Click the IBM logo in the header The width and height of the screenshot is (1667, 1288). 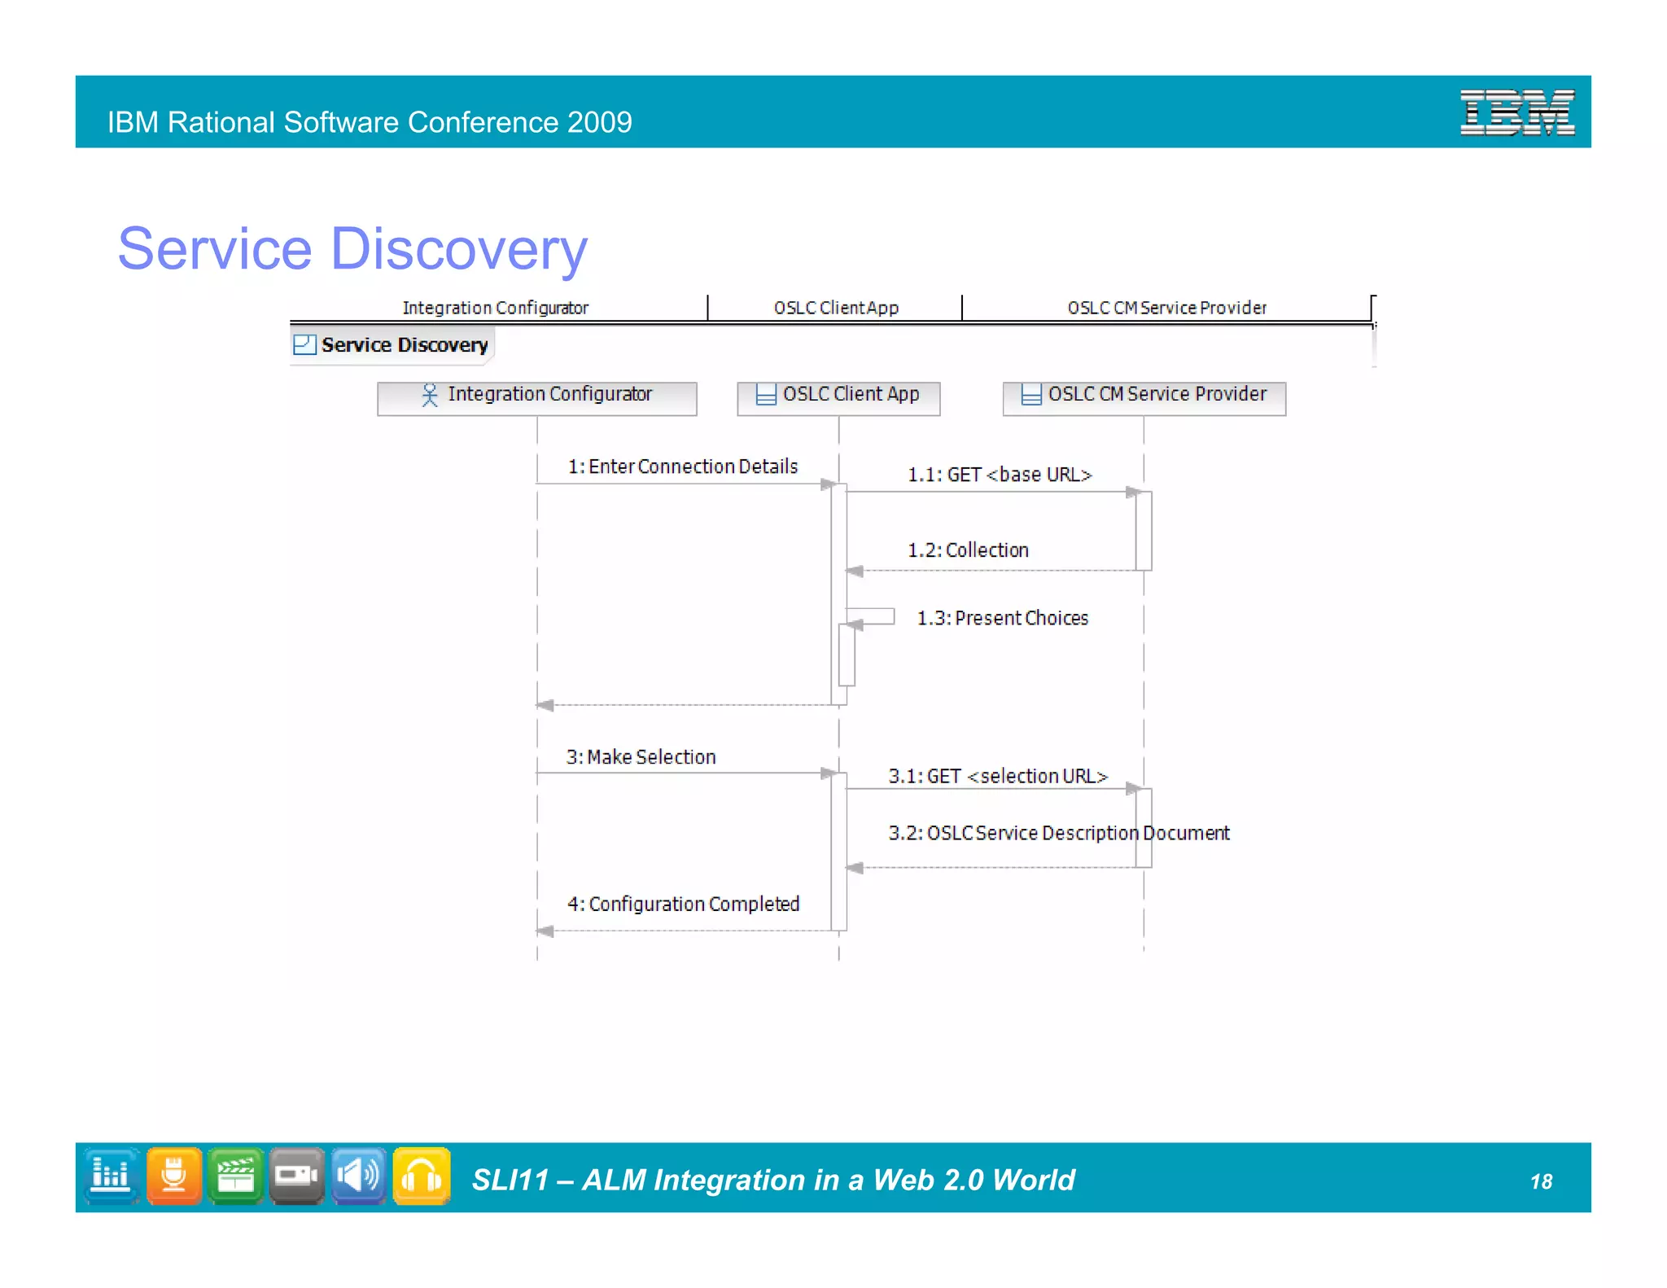[x=1516, y=113]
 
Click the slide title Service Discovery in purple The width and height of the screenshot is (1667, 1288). [x=352, y=248]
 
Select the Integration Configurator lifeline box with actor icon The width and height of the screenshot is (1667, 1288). [x=537, y=397]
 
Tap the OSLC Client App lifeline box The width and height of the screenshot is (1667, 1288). [x=838, y=397]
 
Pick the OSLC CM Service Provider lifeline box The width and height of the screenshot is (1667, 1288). [x=1144, y=397]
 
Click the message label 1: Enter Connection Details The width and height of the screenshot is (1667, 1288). [x=682, y=467]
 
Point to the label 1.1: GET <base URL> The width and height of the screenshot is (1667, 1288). [x=1000, y=475]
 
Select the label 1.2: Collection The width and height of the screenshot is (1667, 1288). [x=968, y=550]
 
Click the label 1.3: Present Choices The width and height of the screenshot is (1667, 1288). [x=1002, y=618]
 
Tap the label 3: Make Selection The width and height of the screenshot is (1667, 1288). [x=641, y=757]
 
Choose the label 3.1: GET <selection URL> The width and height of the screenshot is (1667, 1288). [x=998, y=777]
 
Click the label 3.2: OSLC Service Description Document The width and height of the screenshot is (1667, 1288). [x=1058, y=834]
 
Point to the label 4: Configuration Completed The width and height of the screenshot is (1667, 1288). [x=683, y=905]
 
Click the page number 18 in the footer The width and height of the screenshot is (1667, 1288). [x=1541, y=1181]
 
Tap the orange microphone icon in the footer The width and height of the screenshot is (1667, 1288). [x=173, y=1176]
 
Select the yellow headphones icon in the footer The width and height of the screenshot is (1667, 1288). [x=421, y=1176]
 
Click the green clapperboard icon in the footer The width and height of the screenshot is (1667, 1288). [x=235, y=1176]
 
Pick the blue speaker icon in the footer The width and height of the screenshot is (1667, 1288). [x=358, y=1176]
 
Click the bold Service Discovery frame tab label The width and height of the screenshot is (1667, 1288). [x=404, y=345]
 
